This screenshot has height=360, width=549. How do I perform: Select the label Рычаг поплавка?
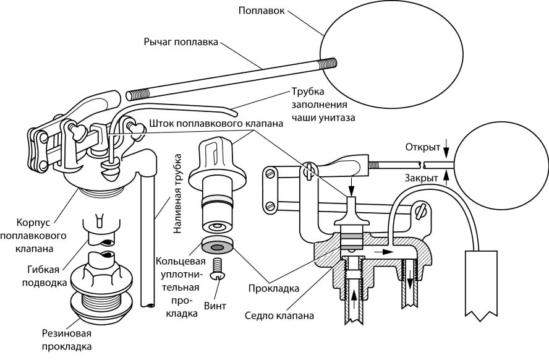pos(181,42)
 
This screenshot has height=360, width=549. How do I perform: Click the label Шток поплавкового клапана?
pos(216,123)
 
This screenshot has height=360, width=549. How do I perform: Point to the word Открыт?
pos(422,148)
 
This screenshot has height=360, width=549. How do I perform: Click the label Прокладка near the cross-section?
pos(273,288)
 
